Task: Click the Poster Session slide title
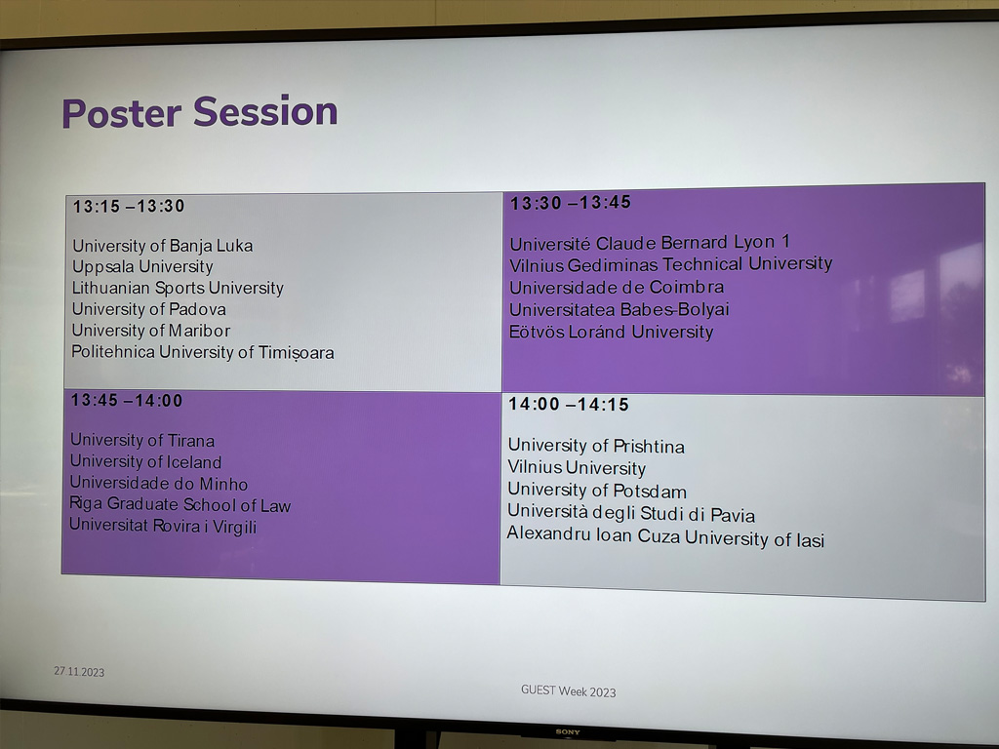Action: pyautogui.click(x=199, y=112)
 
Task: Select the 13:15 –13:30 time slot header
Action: pyautogui.click(x=129, y=207)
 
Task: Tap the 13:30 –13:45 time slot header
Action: pyautogui.click(x=571, y=203)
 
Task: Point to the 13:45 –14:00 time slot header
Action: pyautogui.click(x=127, y=401)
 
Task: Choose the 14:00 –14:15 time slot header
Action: pyautogui.click(x=569, y=405)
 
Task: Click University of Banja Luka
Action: pyautogui.click(x=163, y=246)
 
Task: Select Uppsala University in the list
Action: pyautogui.click(x=142, y=267)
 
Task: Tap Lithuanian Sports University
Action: pyautogui.click(x=178, y=288)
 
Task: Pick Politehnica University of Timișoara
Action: pyautogui.click(x=203, y=352)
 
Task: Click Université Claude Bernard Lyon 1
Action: pyautogui.click(x=650, y=243)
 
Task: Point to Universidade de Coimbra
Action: pyautogui.click(x=617, y=288)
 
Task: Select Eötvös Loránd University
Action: pyautogui.click(x=612, y=332)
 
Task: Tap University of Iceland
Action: pyautogui.click(x=146, y=461)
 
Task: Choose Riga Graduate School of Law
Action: pyautogui.click(x=180, y=505)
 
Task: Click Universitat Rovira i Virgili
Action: pyautogui.click(x=163, y=526)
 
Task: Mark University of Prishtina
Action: pyautogui.click(x=596, y=446)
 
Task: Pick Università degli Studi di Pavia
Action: pyautogui.click(x=631, y=513)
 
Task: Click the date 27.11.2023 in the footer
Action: pyautogui.click(x=79, y=671)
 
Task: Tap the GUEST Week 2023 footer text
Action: pyautogui.click(x=569, y=691)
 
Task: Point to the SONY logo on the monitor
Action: pyautogui.click(x=567, y=731)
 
